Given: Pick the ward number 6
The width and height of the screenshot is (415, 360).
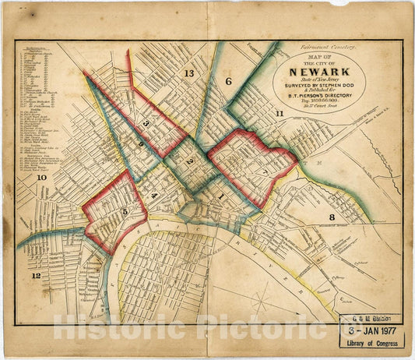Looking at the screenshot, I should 229,82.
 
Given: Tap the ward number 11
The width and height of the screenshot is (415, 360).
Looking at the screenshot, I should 279,114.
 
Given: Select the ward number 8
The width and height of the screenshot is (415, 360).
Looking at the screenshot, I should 332,217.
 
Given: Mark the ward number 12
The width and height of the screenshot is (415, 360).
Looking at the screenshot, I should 36,276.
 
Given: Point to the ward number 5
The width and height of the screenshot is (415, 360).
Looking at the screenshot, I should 125,211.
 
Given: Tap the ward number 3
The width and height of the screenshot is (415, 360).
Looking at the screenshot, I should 145,124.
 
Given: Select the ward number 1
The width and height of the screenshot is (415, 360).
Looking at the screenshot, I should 220,198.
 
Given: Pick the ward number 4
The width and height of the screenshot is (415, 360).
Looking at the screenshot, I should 154,195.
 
